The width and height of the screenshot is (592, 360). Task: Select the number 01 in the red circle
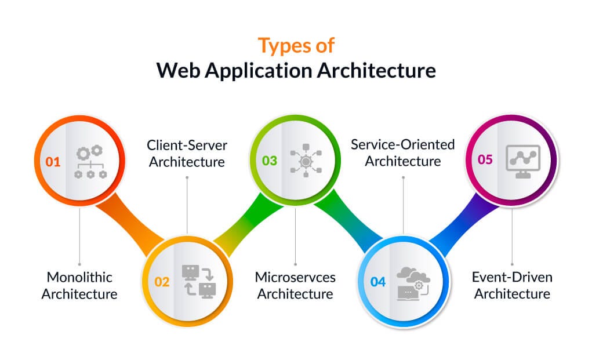pyautogui.click(x=53, y=161)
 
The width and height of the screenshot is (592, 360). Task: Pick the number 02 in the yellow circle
pyautogui.click(x=162, y=282)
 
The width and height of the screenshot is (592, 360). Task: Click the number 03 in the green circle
pyautogui.click(x=270, y=161)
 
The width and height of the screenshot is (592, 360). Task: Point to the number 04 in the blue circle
pyautogui.click(x=378, y=282)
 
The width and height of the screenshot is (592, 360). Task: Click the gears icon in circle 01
pyautogui.click(x=90, y=161)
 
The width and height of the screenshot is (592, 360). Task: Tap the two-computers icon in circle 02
pyautogui.click(x=197, y=281)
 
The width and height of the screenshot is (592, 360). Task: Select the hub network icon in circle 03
pyautogui.click(x=306, y=161)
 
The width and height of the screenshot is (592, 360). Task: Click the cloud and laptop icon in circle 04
pyautogui.click(x=413, y=282)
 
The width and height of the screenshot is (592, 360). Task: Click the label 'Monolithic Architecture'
pyautogui.click(x=79, y=285)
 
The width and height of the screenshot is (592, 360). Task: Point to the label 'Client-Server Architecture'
pyautogui.click(x=187, y=153)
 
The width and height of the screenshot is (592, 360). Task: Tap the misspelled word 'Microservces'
pyautogui.click(x=295, y=277)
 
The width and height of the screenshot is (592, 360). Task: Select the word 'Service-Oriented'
pyautogui.click(x=403, y=144)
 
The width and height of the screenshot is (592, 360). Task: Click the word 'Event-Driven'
pyautogui.click(x=512, y=277)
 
